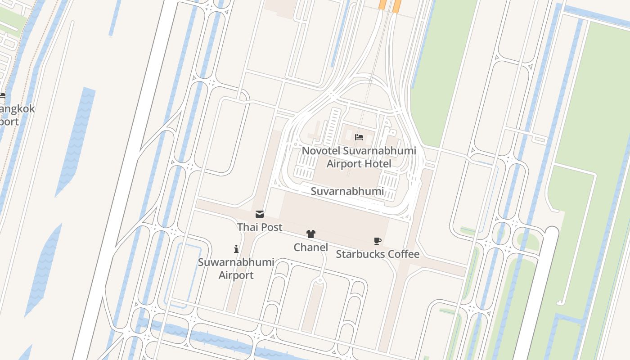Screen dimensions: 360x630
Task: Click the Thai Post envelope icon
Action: [260, 214]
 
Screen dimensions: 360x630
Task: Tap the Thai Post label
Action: [260, 227]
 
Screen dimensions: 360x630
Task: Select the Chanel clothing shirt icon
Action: [310, 234]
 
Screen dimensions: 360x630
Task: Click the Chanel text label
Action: [310, 247]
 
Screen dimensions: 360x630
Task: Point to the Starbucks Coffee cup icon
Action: [378, 241]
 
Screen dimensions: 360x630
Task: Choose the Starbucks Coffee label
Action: [378, 254]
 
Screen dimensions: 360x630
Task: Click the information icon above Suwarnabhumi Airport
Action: [236, 249]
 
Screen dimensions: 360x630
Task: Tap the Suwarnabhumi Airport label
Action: [236, 269]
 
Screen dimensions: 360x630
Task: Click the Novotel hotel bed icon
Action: [359, 137]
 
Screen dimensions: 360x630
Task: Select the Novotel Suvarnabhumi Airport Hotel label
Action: [359, 157]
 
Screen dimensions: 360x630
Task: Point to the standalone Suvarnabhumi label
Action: [347, 191]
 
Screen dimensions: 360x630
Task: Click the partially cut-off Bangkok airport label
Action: [16, 115]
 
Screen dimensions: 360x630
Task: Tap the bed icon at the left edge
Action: [2, 96]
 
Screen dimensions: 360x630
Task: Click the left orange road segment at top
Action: [382, 4]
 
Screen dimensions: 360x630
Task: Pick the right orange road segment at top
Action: [396, 5]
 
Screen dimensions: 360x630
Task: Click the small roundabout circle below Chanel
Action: [320, 281]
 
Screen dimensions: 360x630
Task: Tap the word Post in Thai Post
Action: [271, 227]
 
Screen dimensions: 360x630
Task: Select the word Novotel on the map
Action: [321, 151]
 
